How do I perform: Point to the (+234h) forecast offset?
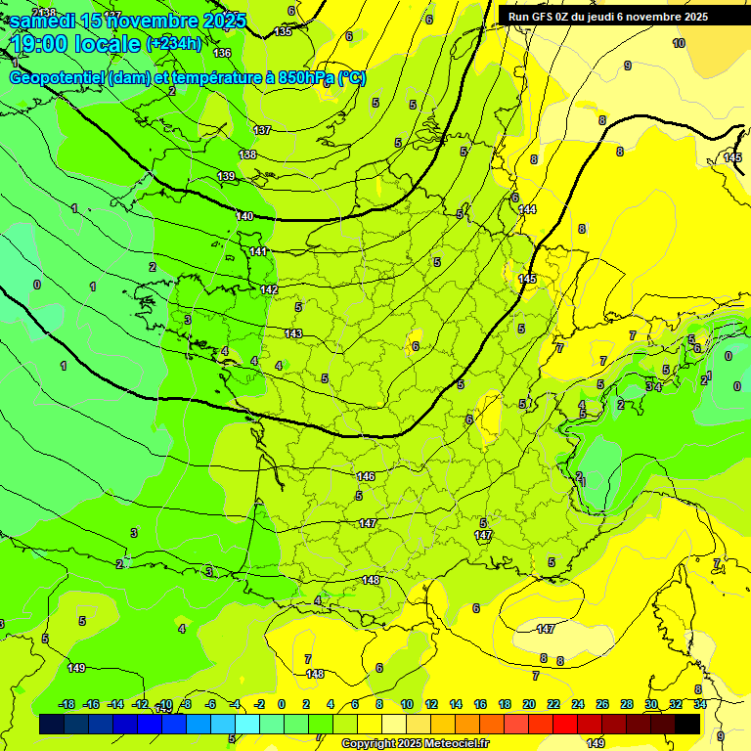click(x=174, y=44)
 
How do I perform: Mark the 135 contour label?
click(x=283, y=32)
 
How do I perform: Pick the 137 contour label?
click(x=262, y=130)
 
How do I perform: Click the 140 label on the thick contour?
click(x=244, y=216)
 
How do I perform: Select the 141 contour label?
click(x=258, y=252)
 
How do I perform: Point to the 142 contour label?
click(x=270, y=290)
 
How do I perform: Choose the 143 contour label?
click(x=293, y=334)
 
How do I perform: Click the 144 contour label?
click(x=527, y=210)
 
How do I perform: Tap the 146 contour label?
click(x=366, y=476)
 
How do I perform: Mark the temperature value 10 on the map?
click(x=679, y=43)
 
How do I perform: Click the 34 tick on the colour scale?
click(x=700, y=704)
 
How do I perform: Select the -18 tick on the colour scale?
click(x=67, y=704)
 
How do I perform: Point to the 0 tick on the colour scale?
click(x=282, y=704)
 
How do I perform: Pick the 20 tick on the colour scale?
click(x=529, y=704)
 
